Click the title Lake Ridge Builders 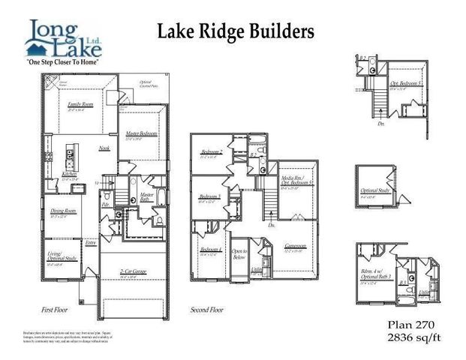pyautogui.click(x=235, y=31)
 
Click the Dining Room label pyautogui.click(x=63, y=212)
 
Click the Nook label pyautogui.click(x=104, y=148)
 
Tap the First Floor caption pyautogui.click(x=58, y=310)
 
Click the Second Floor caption pyautogui.click(x=206, y=310)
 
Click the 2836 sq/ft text pyautogui.click(x=411, y=338)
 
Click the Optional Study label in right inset pyautogui.click(x=371, y=190)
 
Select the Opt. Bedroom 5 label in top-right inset pyautogui.click(x=403, y=86)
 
